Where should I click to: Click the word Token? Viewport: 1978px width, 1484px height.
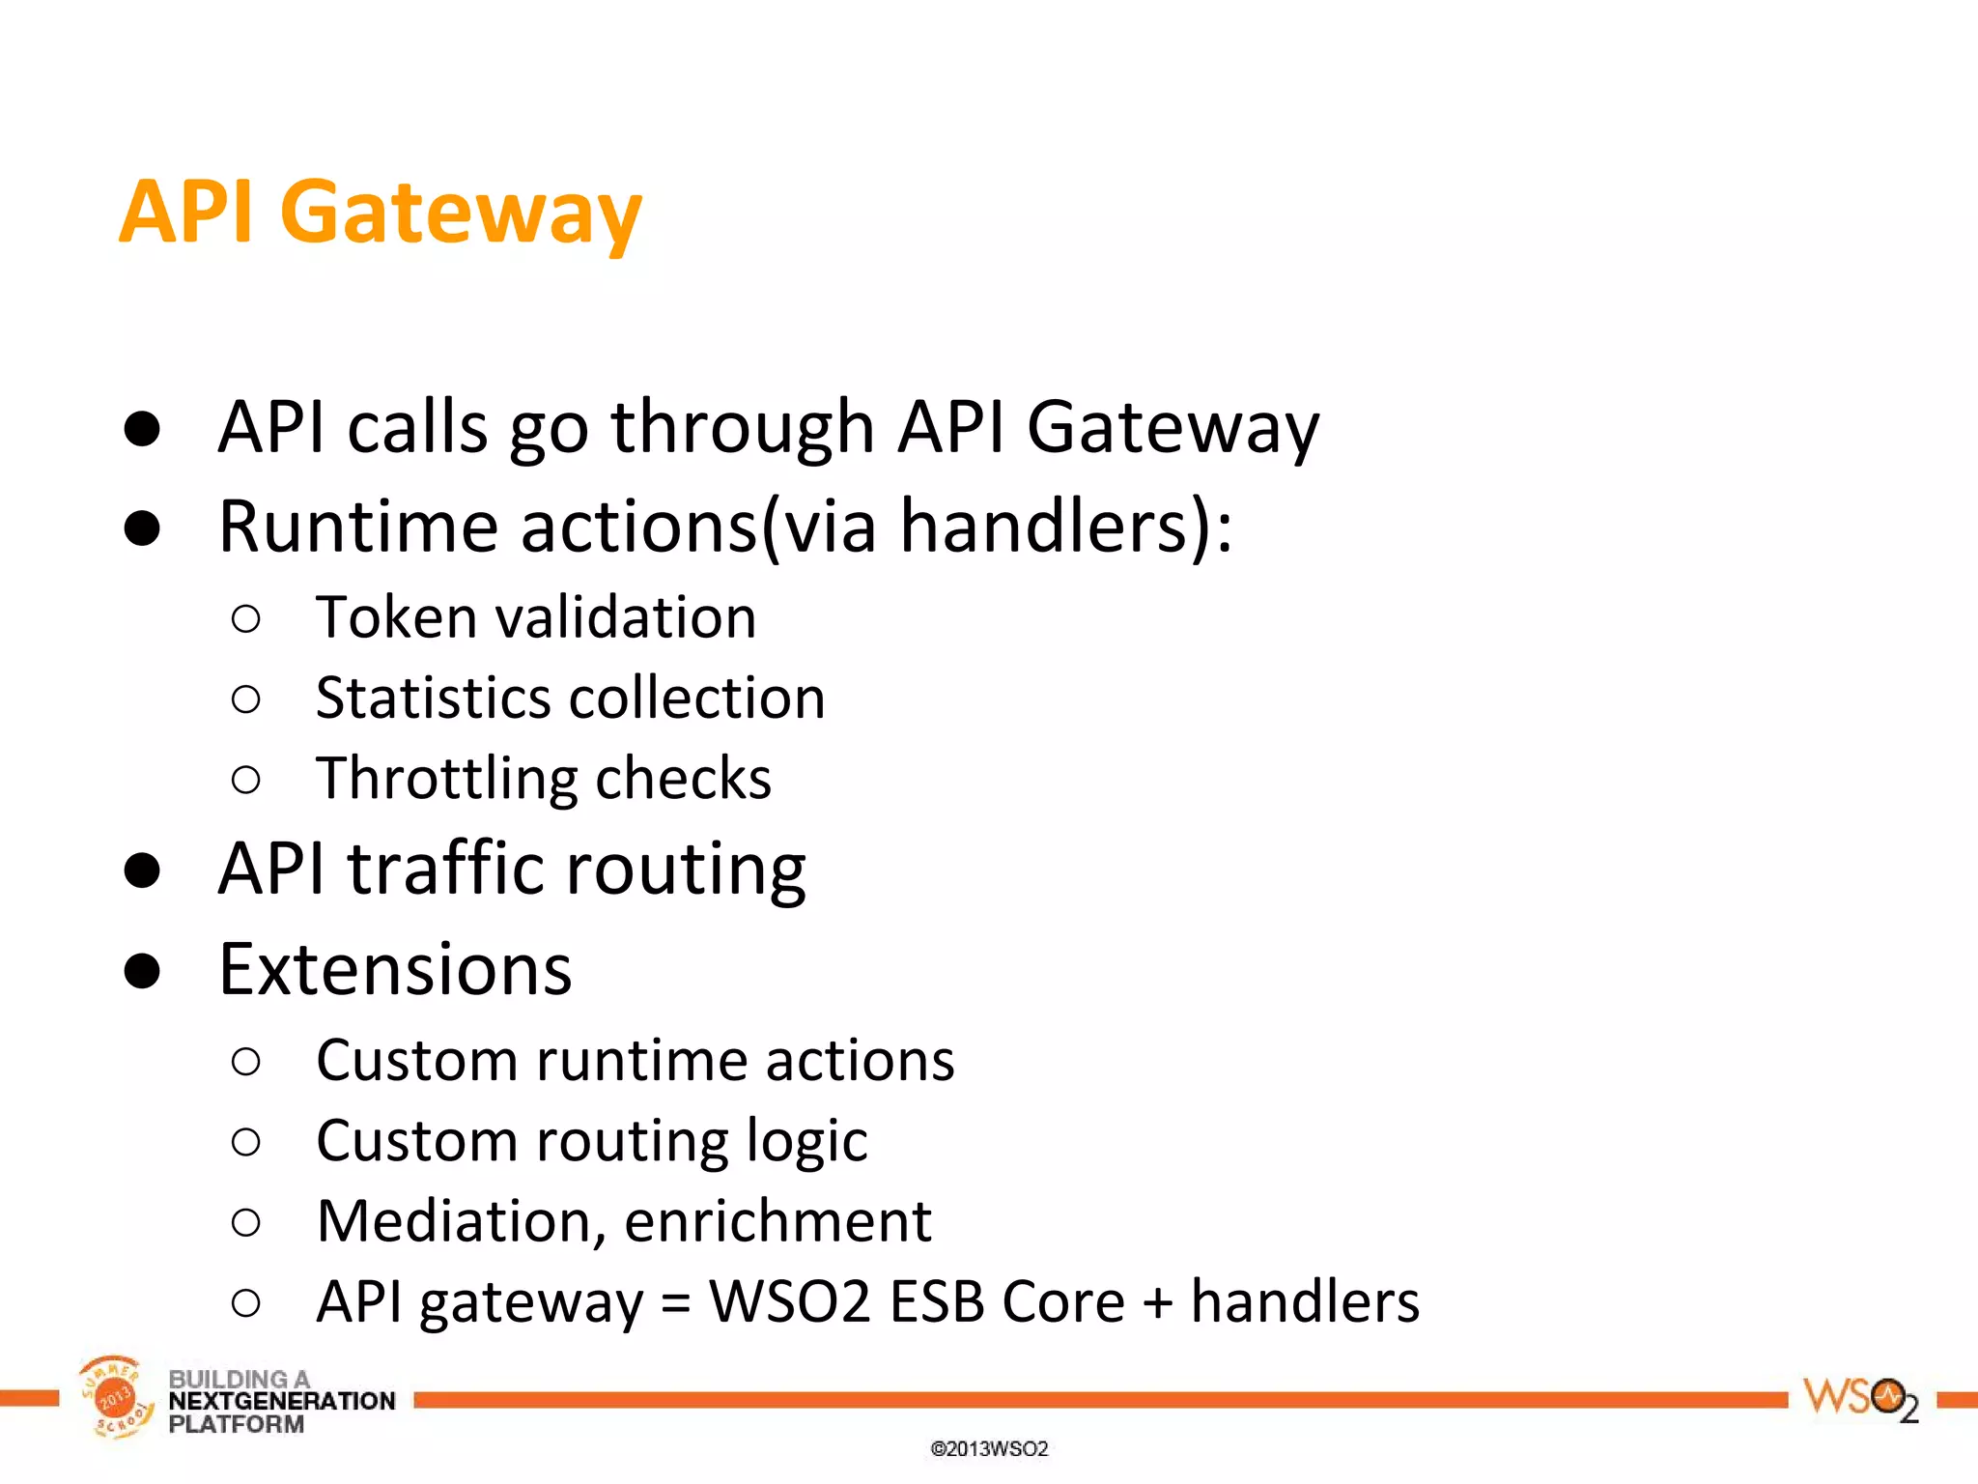point(394,617)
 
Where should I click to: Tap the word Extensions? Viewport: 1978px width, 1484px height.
point(395,969)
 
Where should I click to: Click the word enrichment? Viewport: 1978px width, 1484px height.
point(777,1221)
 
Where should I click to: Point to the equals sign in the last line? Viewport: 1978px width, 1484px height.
point(676,1303)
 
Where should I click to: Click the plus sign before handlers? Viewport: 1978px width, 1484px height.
point(1157,1303)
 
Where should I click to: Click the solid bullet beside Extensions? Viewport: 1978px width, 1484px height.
point(142,970)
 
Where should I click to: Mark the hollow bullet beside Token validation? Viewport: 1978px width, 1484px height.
point(246,618)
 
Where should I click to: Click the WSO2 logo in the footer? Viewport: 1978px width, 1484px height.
point(1859,1398)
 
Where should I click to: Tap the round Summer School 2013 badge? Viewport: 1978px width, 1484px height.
point(115,1397)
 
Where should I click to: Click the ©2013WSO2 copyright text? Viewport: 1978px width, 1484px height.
point(988,1448)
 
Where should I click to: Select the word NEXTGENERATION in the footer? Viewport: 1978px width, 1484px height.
point(281,1401)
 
